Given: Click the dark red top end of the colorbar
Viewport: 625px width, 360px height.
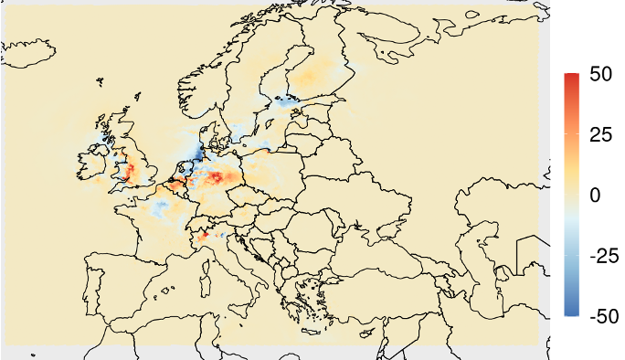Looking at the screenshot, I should [x=571, y=77].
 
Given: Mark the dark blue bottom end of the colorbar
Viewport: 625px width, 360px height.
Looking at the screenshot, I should [x=571, y=312].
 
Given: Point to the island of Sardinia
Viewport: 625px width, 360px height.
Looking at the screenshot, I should [x=168, y=281].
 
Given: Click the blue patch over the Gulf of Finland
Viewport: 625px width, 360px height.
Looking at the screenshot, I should [x=291, y=101].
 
